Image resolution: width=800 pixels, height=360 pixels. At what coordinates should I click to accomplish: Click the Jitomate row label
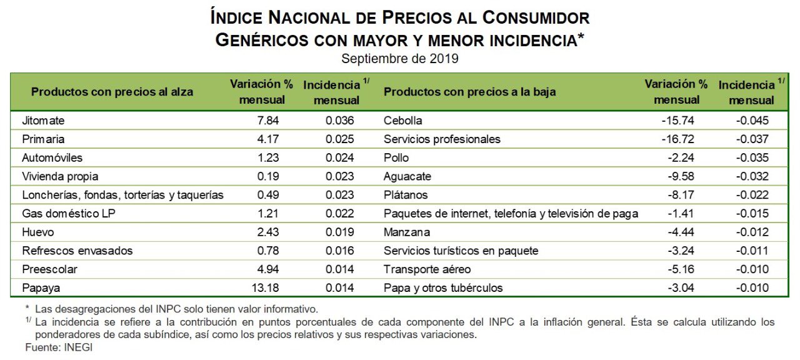point(43,120)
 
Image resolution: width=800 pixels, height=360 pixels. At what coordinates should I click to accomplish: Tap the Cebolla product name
point(402,120)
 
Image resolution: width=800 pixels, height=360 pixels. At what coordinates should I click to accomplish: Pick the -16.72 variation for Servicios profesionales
point(678,139)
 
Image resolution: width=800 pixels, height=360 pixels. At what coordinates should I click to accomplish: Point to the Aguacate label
point(407,176)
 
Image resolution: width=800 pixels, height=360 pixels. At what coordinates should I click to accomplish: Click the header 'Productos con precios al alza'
point(112,92)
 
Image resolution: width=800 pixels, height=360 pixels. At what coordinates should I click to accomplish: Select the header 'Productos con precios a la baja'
point(469,92)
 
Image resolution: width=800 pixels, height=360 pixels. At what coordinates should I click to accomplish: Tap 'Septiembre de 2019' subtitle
point(400,59)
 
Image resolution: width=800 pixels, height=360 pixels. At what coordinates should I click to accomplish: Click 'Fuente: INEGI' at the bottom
point(59,347)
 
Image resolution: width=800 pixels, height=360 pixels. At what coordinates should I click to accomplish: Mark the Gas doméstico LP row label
point(69,214)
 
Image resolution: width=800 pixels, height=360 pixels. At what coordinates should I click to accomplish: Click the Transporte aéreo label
point(427,269)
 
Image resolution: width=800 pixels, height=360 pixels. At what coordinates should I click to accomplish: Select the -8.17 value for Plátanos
point(681,195)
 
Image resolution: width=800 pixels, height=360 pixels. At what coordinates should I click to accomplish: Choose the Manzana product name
point(406,232)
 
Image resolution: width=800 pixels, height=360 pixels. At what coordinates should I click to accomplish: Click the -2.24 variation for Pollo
point(681,157)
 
